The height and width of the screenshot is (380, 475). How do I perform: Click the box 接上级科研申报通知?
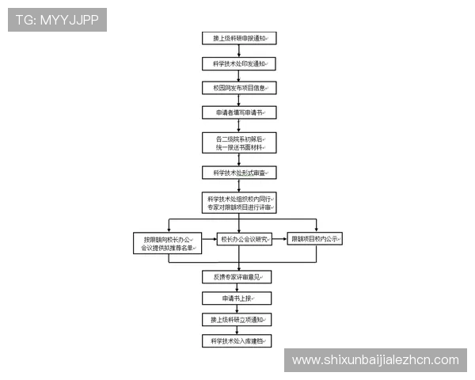[x=238, y=37]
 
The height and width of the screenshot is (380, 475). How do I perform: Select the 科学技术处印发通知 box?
[x=238, y=63]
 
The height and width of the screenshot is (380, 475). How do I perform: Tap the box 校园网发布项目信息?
[x=238, y=88]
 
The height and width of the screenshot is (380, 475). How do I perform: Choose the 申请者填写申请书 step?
[x=238, y=113]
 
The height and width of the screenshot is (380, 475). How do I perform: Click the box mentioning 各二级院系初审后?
[x=238, y=142]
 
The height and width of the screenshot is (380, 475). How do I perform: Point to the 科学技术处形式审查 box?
[x=238, y=172]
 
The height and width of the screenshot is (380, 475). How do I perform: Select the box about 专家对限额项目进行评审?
[x=238, y=203]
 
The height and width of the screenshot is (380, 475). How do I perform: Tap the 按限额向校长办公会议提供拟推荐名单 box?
[x=168, y=242]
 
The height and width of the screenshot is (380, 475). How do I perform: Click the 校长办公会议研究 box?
[x=245, y=238]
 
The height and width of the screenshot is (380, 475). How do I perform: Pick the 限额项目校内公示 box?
[x=315, y=238]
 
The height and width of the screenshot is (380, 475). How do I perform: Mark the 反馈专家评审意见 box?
[x=238, y=277]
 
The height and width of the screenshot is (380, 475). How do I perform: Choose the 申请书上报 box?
[x=238, y=298]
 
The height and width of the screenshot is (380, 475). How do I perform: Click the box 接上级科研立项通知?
[x=238, y=320]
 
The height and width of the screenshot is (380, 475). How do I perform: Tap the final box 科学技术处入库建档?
[x=238, y=341]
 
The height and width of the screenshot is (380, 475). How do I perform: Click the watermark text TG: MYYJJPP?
[x=57, y=20]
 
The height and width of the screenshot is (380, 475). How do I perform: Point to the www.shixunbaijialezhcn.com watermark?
[x=374, y=360]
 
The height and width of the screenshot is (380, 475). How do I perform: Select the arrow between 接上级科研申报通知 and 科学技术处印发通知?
[x=238, y=51]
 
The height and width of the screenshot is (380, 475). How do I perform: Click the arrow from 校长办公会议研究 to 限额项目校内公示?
[x=279, y=238]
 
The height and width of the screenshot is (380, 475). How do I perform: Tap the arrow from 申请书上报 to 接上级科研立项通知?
[x=238, y=310]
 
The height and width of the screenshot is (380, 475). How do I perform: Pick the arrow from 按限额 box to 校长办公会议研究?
[x=209, y=238]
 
